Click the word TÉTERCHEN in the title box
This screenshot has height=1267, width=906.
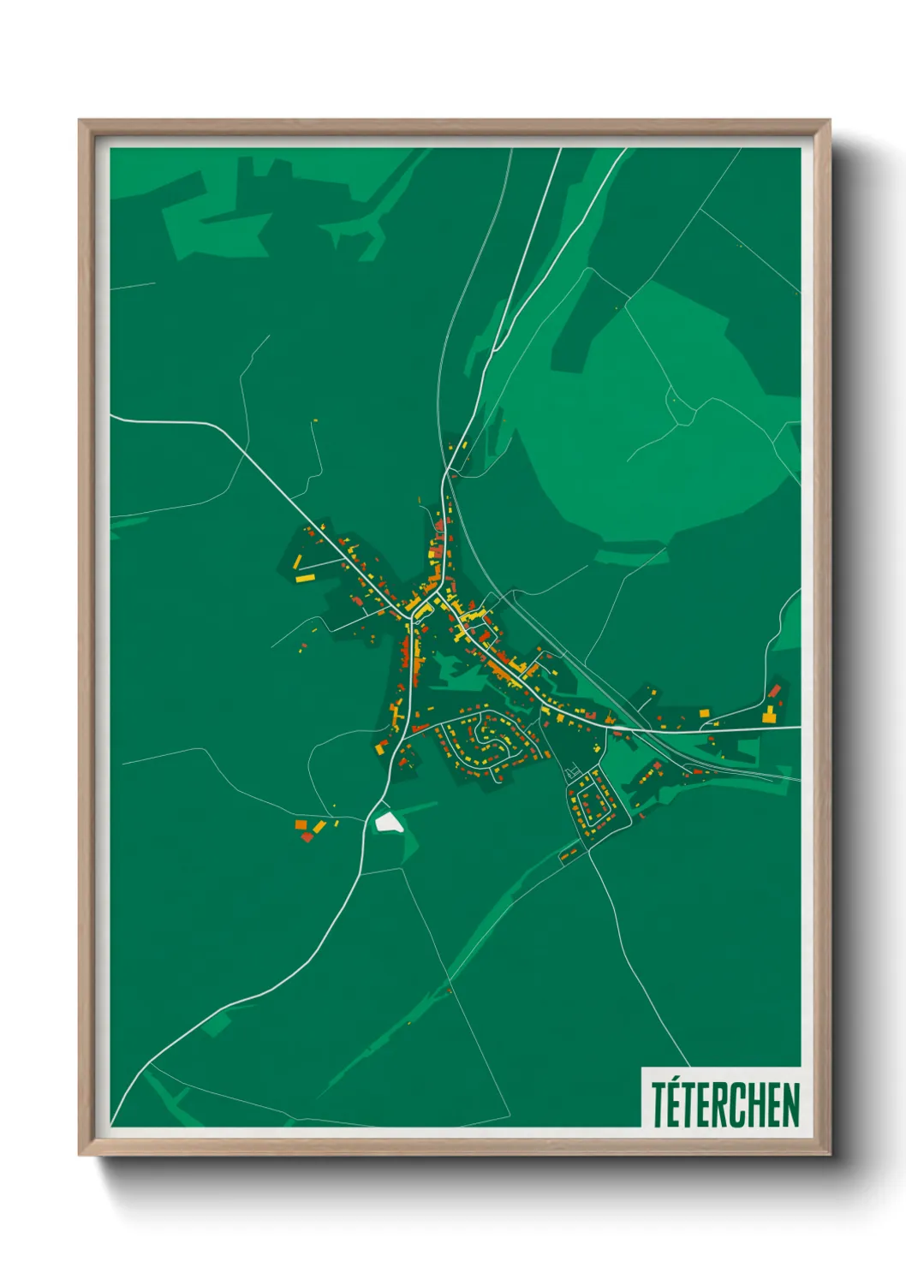724,1104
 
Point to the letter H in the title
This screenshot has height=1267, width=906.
758,1105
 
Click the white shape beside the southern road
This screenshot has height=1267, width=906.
389,823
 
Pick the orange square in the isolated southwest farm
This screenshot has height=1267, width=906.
301,824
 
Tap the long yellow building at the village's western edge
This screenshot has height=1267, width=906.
306,579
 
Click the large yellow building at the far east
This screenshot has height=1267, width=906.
769,716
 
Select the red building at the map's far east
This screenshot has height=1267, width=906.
775,690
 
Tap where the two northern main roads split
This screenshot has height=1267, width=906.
446,473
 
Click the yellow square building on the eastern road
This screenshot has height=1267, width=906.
704,712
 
